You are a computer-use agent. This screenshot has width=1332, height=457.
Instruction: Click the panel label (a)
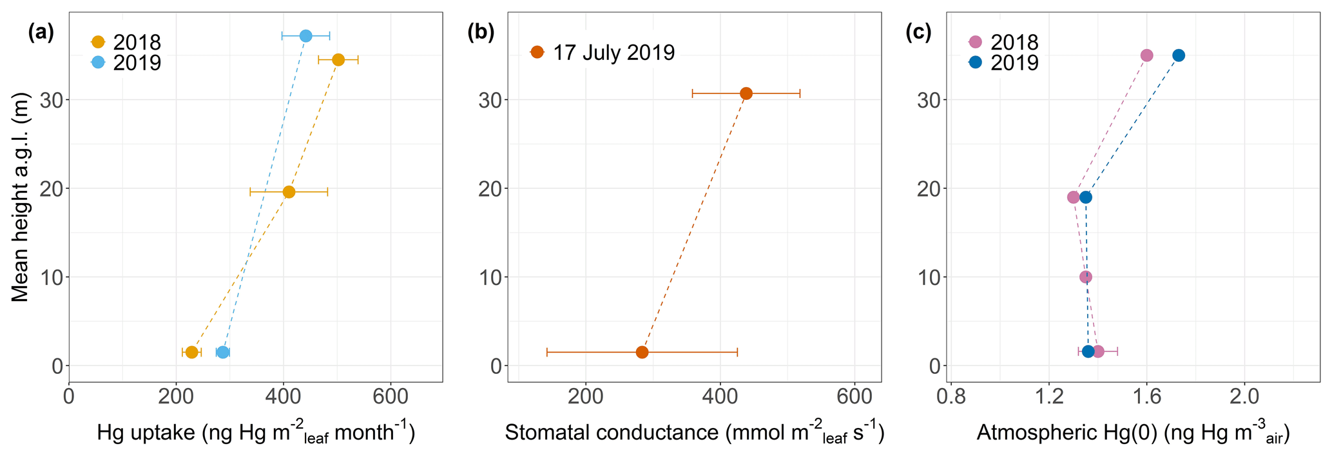point(41,33)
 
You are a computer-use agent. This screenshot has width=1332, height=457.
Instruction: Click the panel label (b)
point(481,33)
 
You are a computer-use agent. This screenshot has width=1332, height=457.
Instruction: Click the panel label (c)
point(918,33)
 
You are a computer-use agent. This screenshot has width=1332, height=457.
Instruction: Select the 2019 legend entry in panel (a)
point(126,63)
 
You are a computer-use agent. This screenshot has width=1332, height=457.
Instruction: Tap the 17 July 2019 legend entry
point(603,52)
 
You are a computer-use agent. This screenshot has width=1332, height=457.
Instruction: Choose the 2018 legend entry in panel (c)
point(1004,43)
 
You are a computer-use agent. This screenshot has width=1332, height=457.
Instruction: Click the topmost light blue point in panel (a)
point(306,36)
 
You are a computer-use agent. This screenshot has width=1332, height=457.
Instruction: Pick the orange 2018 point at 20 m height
point(289,192)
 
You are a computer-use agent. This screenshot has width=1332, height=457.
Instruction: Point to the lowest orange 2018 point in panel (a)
point(191,353)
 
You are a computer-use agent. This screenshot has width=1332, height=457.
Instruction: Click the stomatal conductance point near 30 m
point(746,93)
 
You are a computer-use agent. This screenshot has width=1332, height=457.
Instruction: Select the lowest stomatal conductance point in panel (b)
point(642,353)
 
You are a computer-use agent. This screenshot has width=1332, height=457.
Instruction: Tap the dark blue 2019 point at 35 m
point(1179,55)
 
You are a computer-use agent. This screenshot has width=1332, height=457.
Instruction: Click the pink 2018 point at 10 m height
point(1086,277)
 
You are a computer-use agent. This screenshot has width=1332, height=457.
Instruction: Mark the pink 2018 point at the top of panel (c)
point(1146,55)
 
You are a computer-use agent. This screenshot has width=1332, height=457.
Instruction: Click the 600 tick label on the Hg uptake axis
point(390,397)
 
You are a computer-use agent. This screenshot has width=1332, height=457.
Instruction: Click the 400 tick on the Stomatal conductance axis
point(720,397)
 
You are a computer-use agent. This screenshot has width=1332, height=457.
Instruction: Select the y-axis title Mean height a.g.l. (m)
point(21,197)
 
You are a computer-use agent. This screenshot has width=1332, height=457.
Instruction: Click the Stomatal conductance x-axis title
point(694,433)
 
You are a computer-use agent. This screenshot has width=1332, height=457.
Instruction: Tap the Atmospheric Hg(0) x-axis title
point(1133,433)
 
